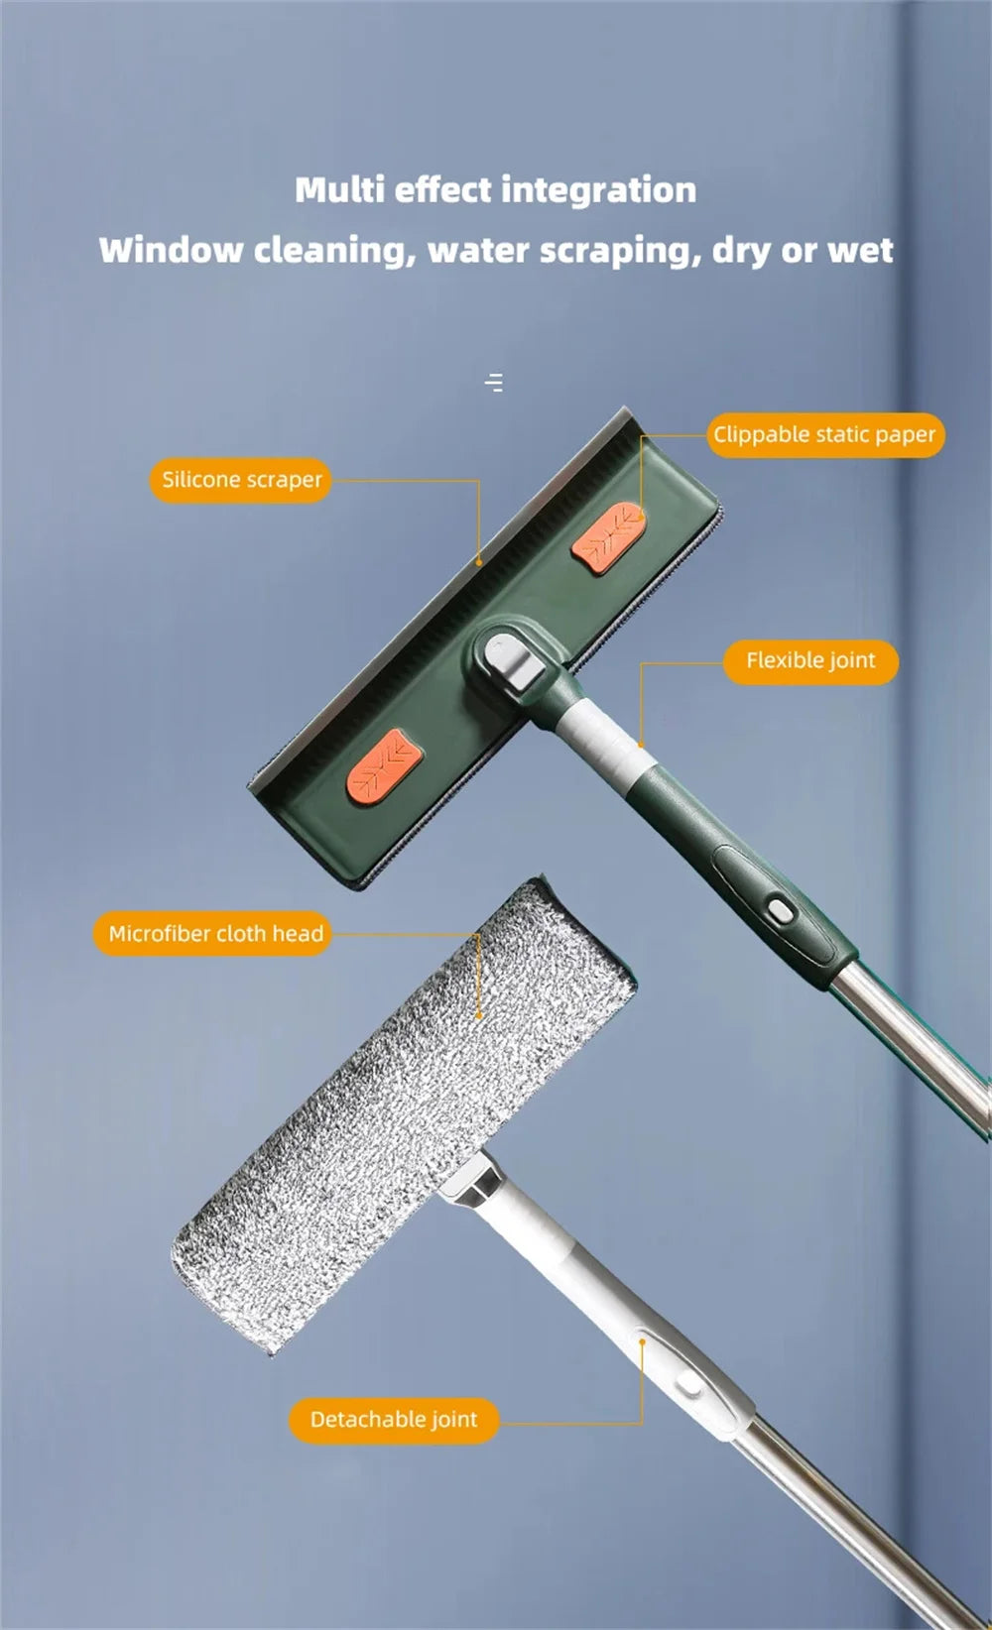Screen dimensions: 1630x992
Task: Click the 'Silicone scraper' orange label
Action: point(241,480)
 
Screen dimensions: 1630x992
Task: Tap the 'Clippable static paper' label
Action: point(823,434)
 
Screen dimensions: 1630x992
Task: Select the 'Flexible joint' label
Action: point(810,660)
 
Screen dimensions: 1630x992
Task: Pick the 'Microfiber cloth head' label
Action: point(214,933)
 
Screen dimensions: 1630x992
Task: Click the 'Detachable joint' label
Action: point(393,1419)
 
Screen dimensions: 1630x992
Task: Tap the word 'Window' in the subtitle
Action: point(170,250)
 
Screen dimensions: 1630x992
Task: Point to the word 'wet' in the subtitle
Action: point(860,250)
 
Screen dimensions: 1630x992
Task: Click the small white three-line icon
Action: point(494,382)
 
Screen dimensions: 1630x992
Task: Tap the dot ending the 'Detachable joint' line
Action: point(642,1342)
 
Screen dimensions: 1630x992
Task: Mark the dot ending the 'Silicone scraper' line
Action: point(479,562)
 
